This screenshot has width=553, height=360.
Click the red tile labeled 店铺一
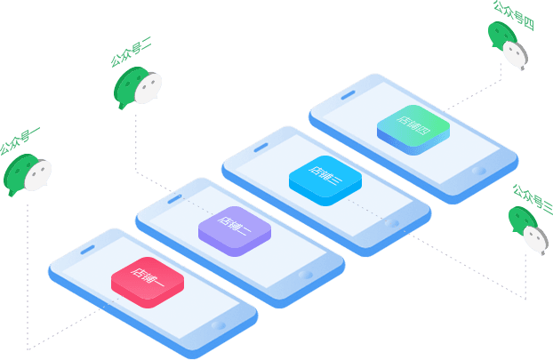point(147,282)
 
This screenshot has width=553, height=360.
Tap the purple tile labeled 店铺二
point(234,230)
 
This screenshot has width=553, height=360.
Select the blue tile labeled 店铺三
point(325,179)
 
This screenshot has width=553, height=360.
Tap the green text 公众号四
point(515,11)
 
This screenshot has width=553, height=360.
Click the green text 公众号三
point(531,196)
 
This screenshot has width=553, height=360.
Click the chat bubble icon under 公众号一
point(28,174)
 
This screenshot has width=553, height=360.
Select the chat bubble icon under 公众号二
point(138,87)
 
